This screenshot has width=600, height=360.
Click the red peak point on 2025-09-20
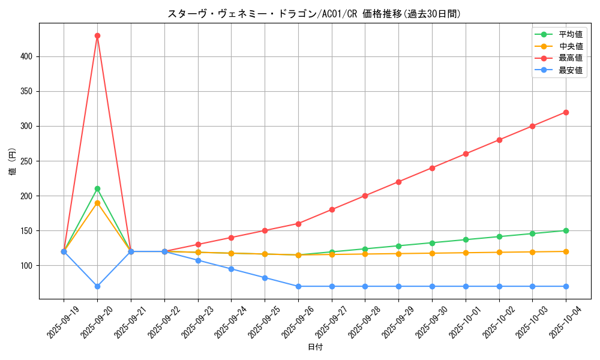97,35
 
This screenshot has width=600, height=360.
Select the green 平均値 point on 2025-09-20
97,188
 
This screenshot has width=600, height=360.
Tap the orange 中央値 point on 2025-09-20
97,203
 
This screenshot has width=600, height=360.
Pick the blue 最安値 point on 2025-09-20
97,286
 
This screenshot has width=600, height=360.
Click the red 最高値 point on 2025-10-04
566,112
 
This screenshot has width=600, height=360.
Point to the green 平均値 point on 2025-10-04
566,230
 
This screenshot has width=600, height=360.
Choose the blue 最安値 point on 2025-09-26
298,286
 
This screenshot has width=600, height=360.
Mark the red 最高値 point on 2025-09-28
365,196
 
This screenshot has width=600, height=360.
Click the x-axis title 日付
315,347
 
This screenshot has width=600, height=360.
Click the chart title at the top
315,14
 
